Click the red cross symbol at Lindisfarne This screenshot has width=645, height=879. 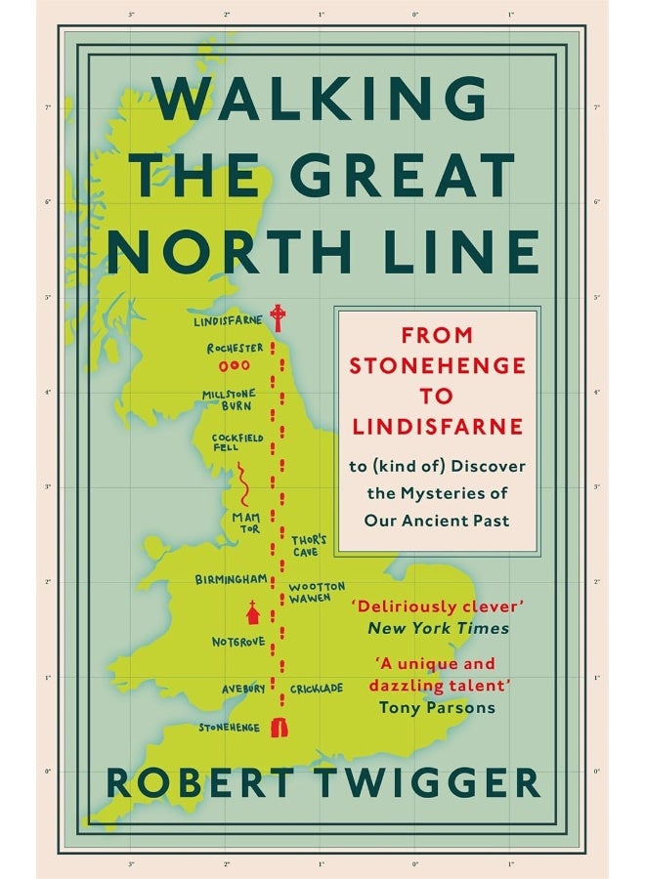278,316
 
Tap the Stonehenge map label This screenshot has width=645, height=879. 231,728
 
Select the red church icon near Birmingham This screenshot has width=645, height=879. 253,612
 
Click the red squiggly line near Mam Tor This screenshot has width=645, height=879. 240,482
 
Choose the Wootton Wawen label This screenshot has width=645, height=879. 317,593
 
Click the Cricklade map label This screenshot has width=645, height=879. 317,689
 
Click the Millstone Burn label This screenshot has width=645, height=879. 230,398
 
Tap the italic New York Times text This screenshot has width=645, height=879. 437,628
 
